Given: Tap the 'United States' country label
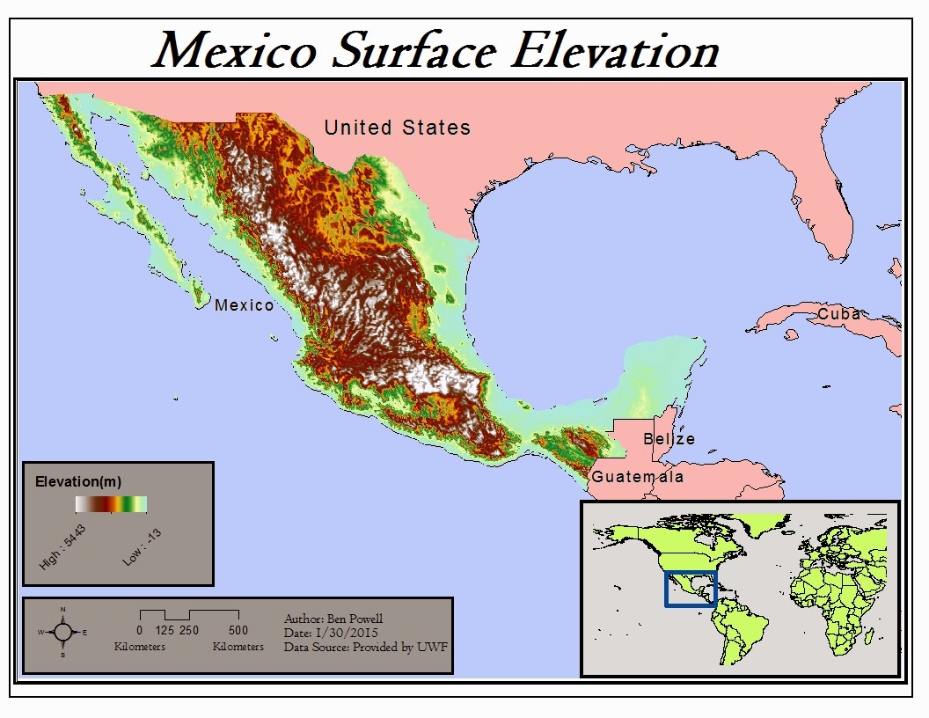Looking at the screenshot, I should (x=397, y=128).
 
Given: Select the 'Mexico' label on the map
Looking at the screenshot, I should (x=244, y=305).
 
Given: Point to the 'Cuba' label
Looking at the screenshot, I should (x=838, y=314).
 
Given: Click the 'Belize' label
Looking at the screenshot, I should (x=669, y=438).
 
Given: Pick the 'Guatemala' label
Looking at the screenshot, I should (x=637, y=477).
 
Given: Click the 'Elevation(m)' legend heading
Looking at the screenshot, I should (x=78, y=481).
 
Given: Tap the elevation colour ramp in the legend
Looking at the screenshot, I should (x=111, y=504).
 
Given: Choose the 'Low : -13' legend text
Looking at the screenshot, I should (x=142, y=546).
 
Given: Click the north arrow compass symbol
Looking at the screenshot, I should (x=62, y=632).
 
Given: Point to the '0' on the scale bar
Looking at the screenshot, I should (x=140, y=630).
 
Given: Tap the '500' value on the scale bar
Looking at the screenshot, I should (x=238, y=630).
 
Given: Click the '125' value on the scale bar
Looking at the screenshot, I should (x=165, y=630).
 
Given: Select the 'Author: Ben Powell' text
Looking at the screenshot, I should (x=333, y=619).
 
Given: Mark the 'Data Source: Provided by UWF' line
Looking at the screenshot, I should (x=361, y=647).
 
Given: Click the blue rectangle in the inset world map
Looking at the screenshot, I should (x=691, y=589).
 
